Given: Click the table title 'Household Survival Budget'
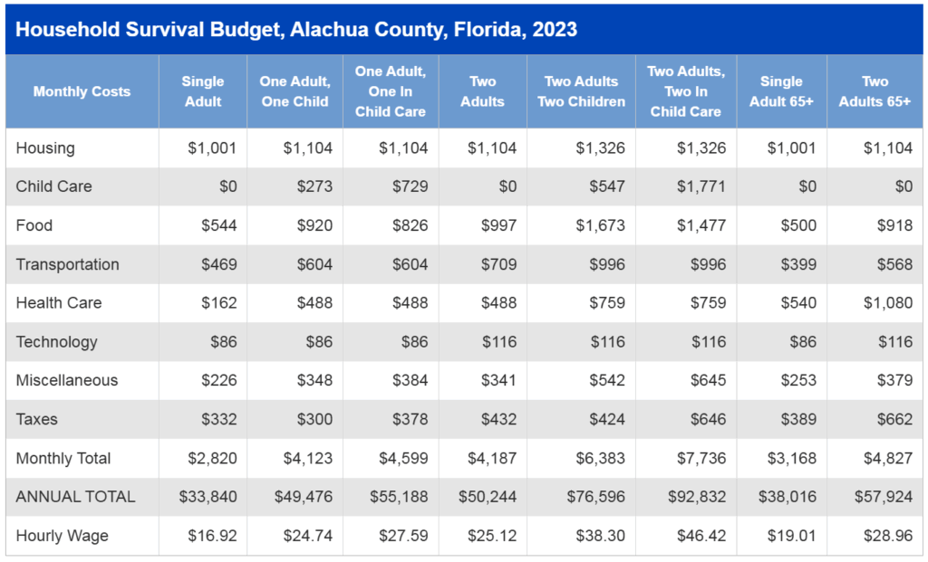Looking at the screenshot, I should [296, 29].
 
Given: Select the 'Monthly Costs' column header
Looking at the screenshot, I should [82, 91].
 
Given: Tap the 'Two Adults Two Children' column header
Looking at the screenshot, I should [581, 91].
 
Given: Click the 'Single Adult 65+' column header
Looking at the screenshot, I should [781, 91].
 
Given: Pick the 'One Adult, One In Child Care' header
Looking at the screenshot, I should [390, 91].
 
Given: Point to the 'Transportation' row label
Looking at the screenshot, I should [67, 264].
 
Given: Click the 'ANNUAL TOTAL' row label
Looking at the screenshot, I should [75, 497].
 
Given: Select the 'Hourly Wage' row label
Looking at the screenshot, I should [62, 536].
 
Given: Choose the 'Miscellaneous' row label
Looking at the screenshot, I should [66, 380].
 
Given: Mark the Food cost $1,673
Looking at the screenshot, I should [600, 225].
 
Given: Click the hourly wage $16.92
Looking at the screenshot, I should [214, 536].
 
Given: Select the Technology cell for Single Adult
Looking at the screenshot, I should [220, 342].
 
